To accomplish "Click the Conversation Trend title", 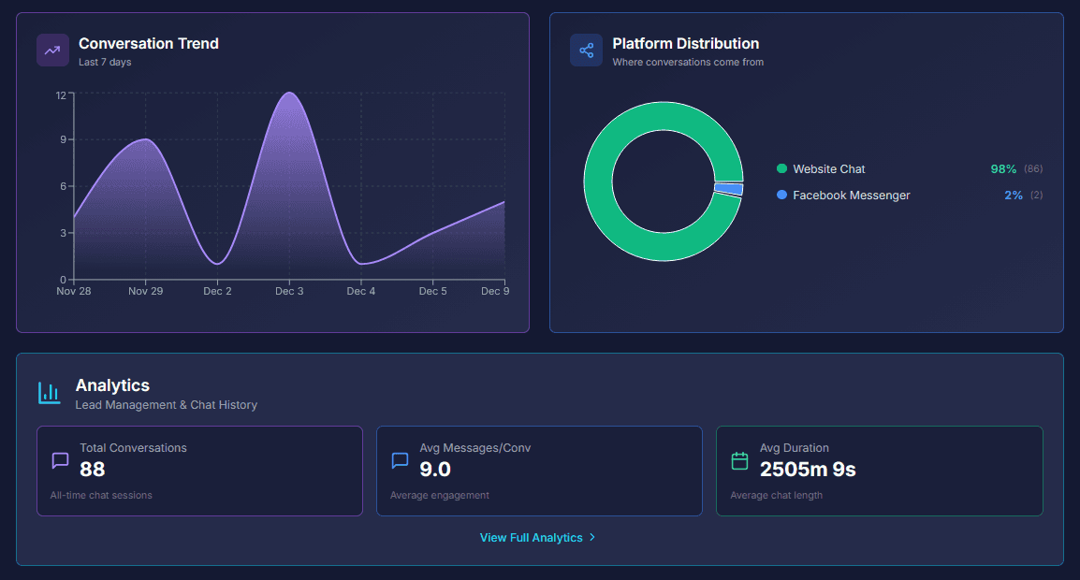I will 148,44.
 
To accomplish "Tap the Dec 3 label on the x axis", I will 289,292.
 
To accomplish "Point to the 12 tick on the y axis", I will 61,94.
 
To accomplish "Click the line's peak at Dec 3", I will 289,93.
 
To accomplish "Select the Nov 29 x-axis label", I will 145,292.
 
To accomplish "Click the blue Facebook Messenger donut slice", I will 729,189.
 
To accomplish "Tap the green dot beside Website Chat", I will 781,168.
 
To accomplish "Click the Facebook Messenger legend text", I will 851,196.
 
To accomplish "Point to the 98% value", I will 1003,169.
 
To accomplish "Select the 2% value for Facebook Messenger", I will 1014,196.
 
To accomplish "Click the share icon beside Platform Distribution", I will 586,51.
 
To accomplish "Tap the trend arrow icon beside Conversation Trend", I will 52,51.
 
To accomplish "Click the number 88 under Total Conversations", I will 93,470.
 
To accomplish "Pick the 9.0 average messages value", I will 435,470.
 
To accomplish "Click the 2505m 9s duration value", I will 807,470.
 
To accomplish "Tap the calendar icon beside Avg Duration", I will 739,460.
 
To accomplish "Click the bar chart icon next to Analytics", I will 49,393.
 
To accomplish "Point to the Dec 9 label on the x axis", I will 495,292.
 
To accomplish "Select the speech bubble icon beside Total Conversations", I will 60,460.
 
